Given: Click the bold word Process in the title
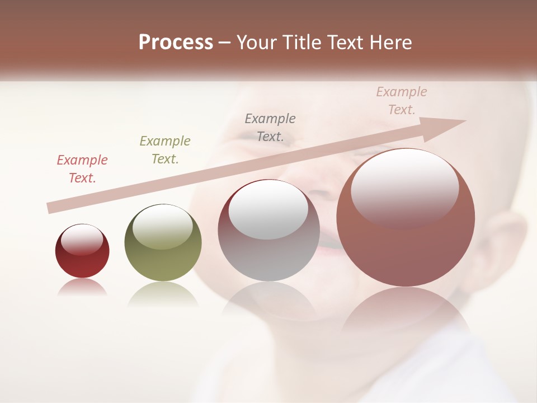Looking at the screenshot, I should [176, 43].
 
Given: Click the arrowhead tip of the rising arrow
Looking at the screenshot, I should [464, 121].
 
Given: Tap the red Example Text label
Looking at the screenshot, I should [82, 169].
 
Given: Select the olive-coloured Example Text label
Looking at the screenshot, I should [165, 150].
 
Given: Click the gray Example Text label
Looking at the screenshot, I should [270, 127].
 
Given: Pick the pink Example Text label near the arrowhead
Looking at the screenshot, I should [402, 101].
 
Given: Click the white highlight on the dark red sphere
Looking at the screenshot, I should [82, 240].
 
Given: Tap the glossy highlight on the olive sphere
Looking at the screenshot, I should [163, 226].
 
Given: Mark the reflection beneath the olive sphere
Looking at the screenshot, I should [163, 293].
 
